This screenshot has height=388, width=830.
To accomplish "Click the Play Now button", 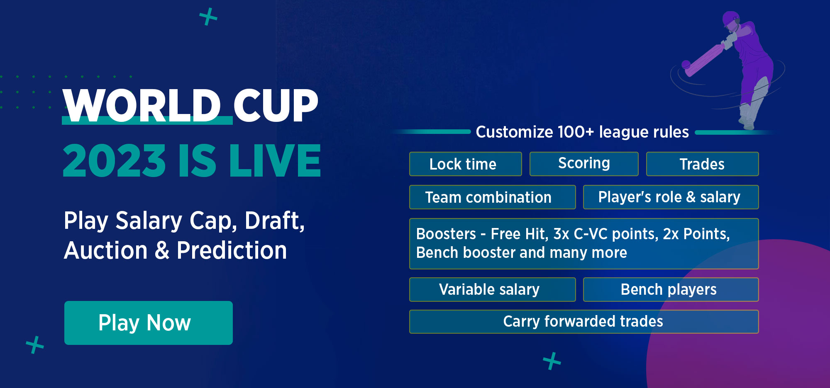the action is coord(149,323).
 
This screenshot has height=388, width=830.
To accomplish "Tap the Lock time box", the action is coord(465,164).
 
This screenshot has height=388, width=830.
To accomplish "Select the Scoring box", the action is coord(584,164).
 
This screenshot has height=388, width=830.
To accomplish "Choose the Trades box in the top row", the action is coord(702,164).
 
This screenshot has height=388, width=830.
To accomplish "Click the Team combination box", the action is coord(492,197).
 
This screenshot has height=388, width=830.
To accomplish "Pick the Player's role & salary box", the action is coord(671,197).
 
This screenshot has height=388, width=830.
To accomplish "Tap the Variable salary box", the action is coord(492,289).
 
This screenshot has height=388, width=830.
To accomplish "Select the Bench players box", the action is coord(671,289).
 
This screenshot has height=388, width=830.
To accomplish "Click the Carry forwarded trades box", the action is coord(584,322).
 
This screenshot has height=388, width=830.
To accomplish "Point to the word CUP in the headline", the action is coord(276,106).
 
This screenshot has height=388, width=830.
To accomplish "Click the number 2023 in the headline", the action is coord(114,160).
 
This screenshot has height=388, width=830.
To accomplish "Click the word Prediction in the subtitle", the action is coord(232,250).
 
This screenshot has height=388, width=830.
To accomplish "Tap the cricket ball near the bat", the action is coord(686,65).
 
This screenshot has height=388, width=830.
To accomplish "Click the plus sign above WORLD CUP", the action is coord(208,17).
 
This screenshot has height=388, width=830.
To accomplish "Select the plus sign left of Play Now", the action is coord(35,345).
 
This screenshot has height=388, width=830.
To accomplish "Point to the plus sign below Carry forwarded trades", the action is coord(552,361).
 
